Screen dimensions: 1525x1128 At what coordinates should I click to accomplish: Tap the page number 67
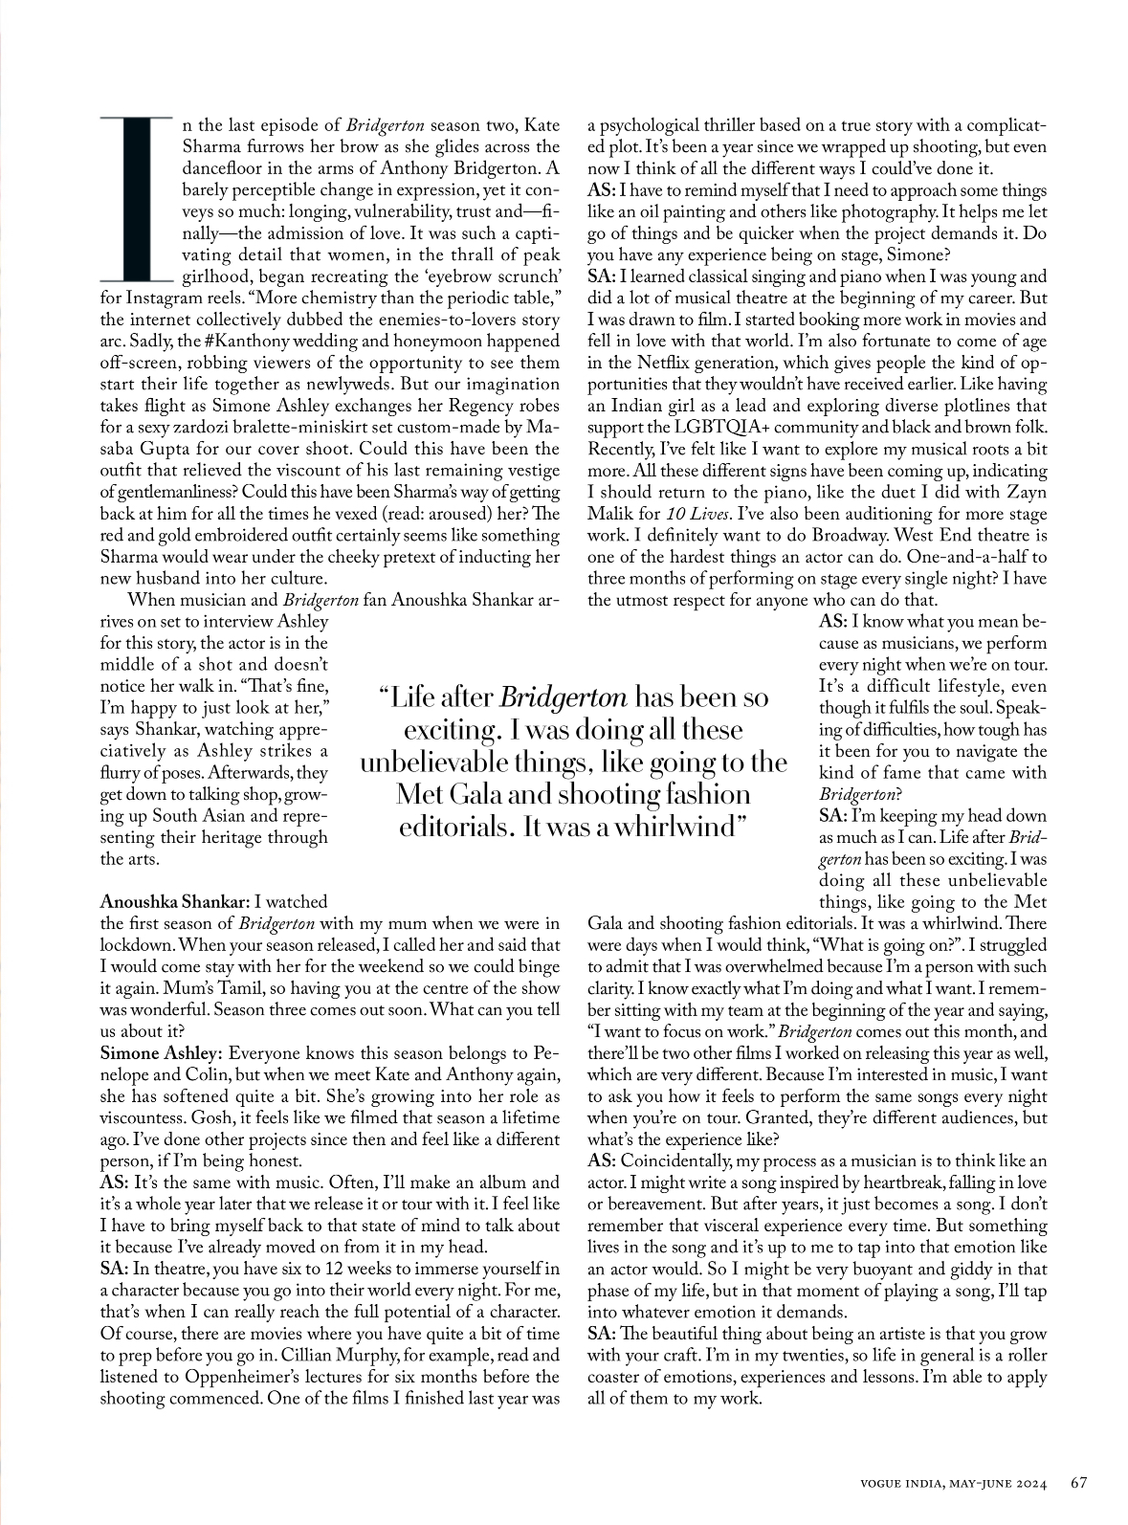click(x=1078, y=1483)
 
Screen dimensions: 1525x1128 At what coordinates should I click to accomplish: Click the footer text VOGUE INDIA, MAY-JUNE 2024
click(x=952, y=1484)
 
